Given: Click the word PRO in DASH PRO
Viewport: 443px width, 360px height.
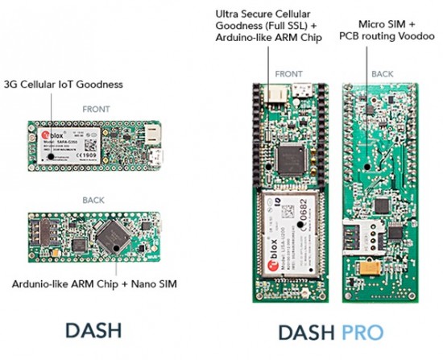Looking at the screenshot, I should (361, 332).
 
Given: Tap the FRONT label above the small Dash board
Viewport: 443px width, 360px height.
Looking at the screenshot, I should (96, 107).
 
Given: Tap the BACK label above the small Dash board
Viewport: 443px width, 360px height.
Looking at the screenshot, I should (93, 198).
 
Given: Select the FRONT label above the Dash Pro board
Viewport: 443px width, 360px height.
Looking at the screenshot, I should (288, 73).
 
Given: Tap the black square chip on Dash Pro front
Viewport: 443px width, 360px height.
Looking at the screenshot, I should (289, 156).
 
